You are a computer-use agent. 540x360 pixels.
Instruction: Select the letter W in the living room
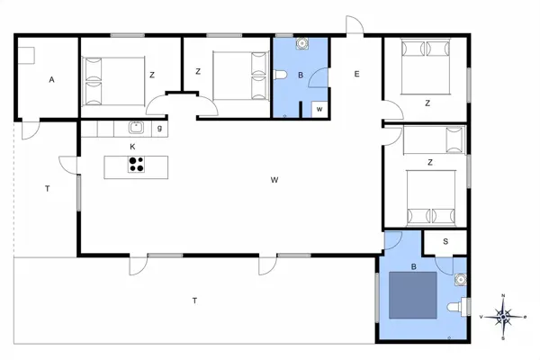[x=274, y=180]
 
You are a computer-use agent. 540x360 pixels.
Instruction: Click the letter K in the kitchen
[x=132, y=146]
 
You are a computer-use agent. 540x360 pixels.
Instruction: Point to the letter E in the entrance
[x=356, y=74]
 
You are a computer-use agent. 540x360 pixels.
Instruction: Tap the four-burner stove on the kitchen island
[x=137, y=164]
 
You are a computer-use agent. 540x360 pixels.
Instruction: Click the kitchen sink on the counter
[x=137, y=128]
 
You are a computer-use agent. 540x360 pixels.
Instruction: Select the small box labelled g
[x=159, y=128]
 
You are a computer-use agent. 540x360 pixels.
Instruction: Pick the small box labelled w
[x=319, y=109]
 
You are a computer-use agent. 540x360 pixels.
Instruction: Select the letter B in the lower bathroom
[x=413, y=266]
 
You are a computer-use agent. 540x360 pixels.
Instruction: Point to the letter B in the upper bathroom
[x=301, y=76]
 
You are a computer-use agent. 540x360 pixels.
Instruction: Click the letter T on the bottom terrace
[x=194, y=299]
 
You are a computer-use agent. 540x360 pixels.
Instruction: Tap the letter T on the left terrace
[x=47, y=188]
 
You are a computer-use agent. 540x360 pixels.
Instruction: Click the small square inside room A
[x=27, y=56]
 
